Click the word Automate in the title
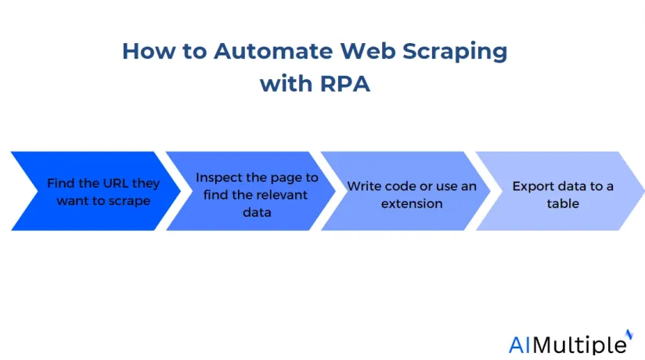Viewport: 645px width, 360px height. pyautogui.click(x=273, y=51)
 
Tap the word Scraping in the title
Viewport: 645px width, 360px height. pyautogui.click(x=455, y=52)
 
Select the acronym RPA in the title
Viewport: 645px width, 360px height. pyautogui.click(x=345, y=84)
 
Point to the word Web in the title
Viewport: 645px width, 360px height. pyautogui.click(x=368, y=51)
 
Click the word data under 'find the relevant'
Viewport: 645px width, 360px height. pyautogui.click(x=257, y=212)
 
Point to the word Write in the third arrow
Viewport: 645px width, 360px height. pyautogui.click(x=361, y=186)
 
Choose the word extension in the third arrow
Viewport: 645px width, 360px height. pyautogui.click(x=412, y=203)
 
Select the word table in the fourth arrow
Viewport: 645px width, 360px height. pyautogui.click(x=563, y=203)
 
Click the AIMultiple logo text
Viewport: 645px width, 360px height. pyautogui.click(x=568, y=345)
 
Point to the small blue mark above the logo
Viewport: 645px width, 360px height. pyautogui.click(x=629, y=333)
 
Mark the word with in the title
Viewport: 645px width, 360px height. pyautogui.click(x=286, y=84)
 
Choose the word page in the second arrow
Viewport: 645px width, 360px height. pyautogui.click(x=282, y=178)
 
